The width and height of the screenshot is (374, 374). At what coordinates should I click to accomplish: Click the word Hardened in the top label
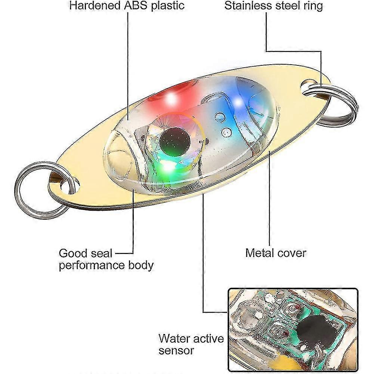coord(95,6)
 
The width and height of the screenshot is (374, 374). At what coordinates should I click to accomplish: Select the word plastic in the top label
coord(168,6)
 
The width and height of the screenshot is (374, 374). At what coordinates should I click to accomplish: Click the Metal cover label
coord(276,253)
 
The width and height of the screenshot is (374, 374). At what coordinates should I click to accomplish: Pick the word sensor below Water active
coord(176,350)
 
